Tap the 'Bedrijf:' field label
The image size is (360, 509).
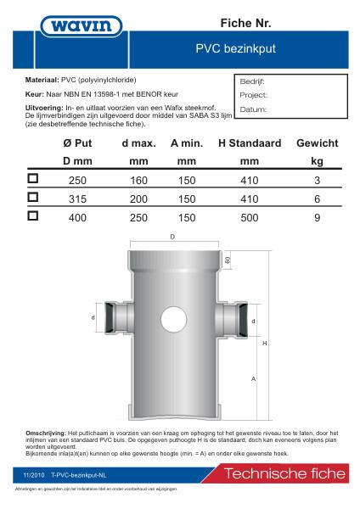pos(253,82)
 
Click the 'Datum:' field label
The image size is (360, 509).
pos(253,109)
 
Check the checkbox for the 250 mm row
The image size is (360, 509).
pos(34,179)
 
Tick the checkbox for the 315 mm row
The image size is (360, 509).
pos(34,197)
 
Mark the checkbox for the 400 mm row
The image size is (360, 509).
pos(34,215)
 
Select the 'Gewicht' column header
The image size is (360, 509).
pos(317,143)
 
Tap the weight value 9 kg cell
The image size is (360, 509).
pos(317,216)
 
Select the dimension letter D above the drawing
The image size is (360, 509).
pos(173,238)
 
